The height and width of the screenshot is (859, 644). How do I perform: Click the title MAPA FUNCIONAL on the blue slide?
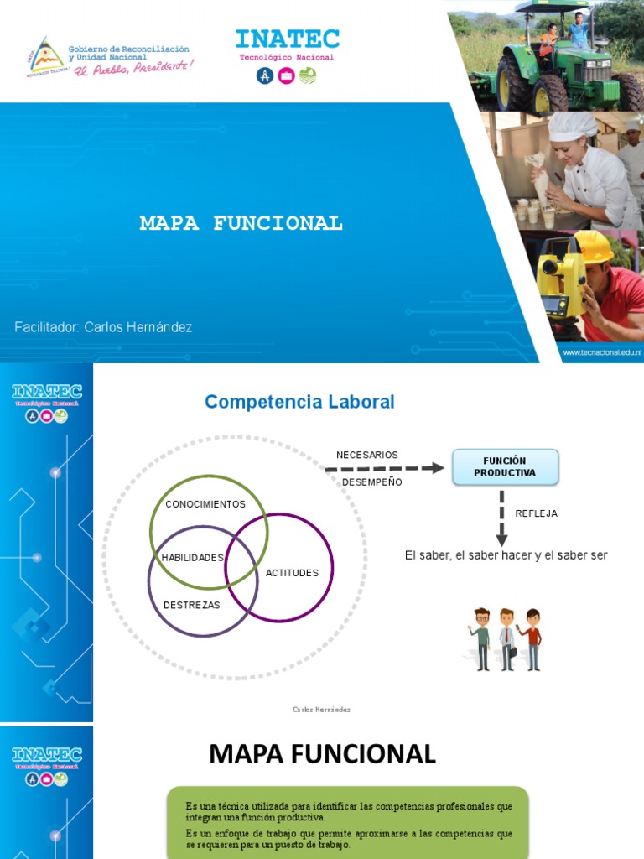pyautogui.click(x=241, y=223)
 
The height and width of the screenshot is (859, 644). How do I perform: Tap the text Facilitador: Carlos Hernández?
pyautogui.click(x=103, y=327)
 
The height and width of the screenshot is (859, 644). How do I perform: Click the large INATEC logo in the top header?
pyautogui.click(x=287, y=39)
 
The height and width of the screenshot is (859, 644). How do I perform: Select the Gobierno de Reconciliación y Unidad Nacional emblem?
pyautogui.click(x=47, y=57)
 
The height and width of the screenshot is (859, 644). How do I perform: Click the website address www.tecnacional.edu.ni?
pyautogui.click(x=601, y=353)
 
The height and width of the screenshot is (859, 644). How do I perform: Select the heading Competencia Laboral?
pyautogui.click(x=299, y=402)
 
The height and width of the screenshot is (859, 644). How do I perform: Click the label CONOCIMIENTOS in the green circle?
pyautogui.click(x=205, y=504)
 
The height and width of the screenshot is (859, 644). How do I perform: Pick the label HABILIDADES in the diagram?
pyautogui.click(x=193, y=558)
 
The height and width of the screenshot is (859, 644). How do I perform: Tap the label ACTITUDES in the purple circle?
pyautogui.click(x=292, y=573)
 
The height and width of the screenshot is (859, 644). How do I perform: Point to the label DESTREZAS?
pyautogui.click(x=192, y=605)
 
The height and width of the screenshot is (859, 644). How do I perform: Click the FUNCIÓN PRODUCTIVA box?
pyautogui.click(x=505, y=467)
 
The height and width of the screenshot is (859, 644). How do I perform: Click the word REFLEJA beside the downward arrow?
pyautogui.click(x=537, y=513)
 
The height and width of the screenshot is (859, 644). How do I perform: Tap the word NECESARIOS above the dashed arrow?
pyautogui.click(x=367, y=455)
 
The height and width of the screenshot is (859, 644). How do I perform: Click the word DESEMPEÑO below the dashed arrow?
pyautogui.click(x=372, y=482)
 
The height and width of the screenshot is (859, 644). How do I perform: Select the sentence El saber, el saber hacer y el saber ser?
pyautogui.click(x=506, y=555)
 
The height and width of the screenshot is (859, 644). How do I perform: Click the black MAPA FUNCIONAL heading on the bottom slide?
pyautogui.click(x=322, y=754)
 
